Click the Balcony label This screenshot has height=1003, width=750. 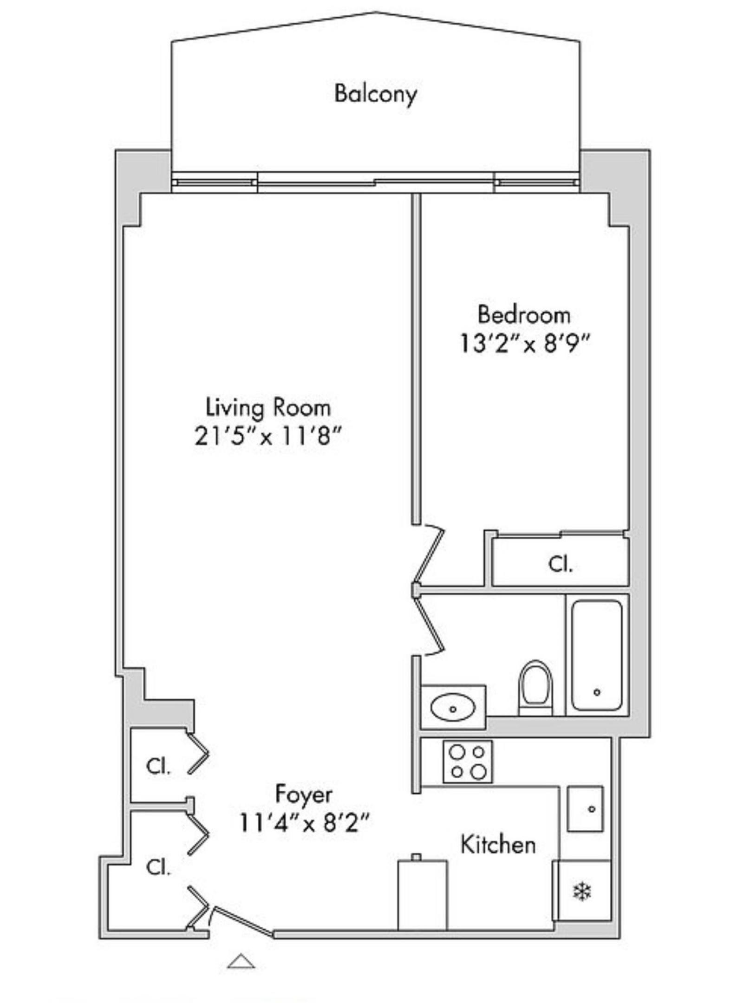(375, 94)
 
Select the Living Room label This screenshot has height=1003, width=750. (268, 408)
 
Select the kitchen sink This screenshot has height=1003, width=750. (585, 808)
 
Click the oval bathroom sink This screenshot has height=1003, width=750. (453, 708)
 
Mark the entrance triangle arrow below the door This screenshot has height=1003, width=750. (241, 961)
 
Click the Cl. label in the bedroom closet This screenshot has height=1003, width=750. (561, 564)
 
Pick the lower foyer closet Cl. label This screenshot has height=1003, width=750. (159, 866)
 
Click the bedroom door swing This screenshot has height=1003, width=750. (430, 554)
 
